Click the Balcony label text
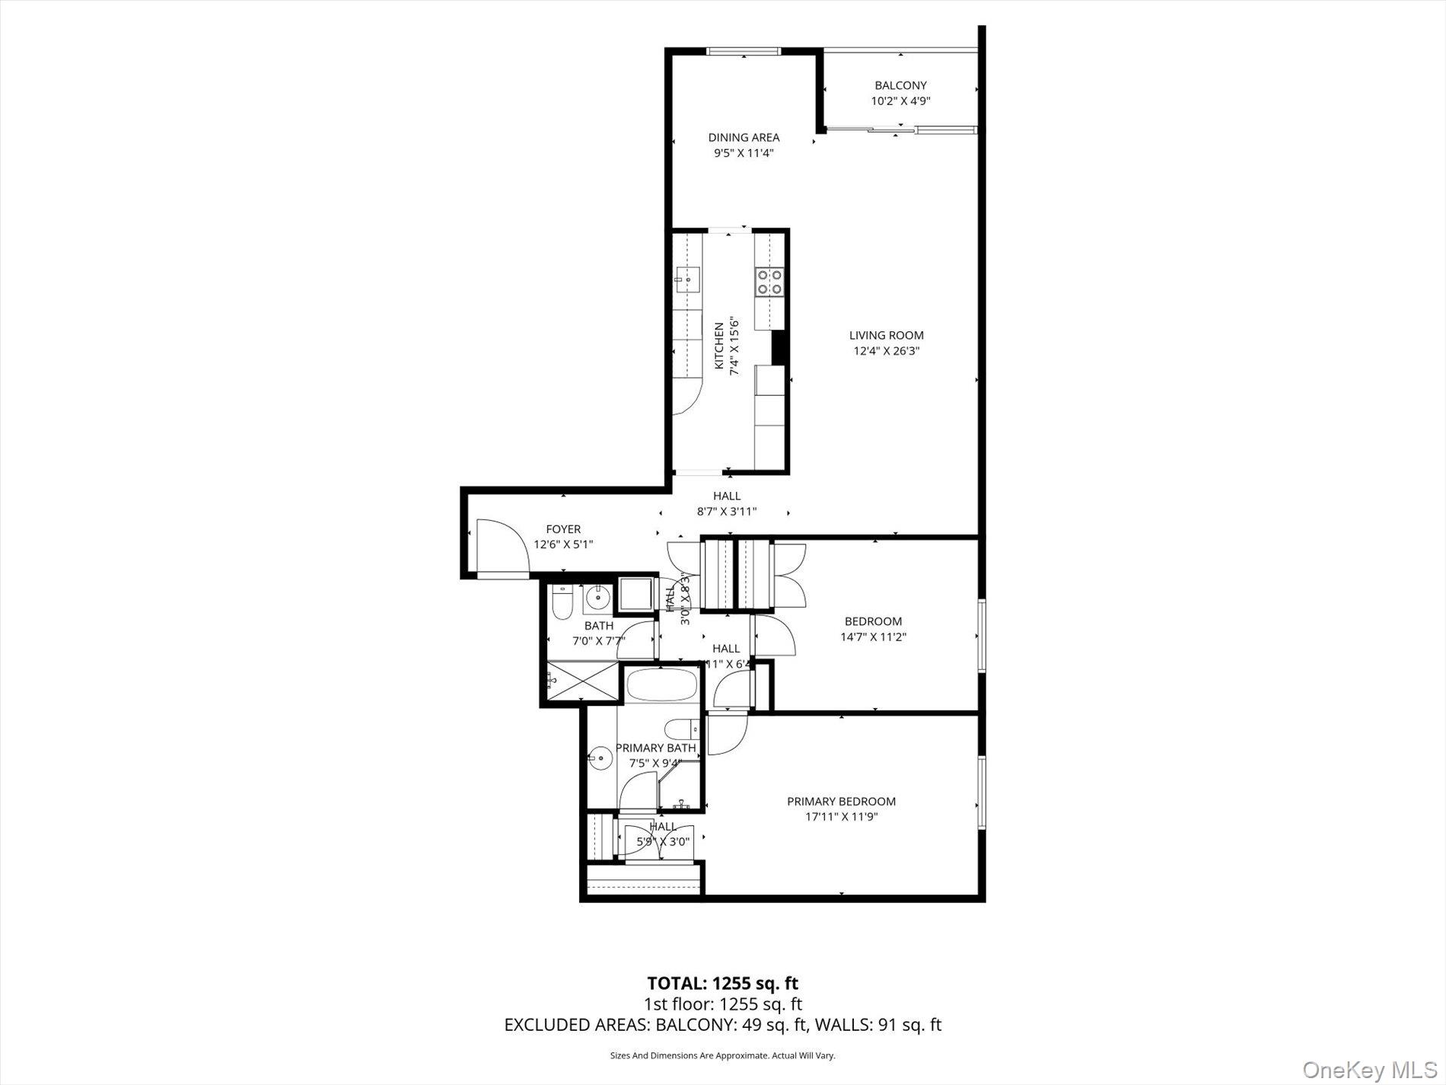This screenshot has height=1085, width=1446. click(900, 85)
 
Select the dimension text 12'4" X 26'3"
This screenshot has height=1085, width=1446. click(887, 351)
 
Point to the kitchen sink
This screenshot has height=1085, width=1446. click(687, 279)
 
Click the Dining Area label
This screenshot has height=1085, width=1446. click(744, 138)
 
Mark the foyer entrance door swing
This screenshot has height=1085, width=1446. click(499, 545)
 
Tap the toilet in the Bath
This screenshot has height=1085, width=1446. click(562, 602)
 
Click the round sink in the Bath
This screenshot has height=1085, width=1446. click(597, 599)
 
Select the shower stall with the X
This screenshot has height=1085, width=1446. click(582, 680)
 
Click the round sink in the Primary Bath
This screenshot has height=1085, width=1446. click(600, 758)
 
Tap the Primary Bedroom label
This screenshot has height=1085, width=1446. click(841, 801)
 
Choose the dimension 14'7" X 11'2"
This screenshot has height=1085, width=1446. click(873, 637)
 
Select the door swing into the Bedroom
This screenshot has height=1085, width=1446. click(774, 637)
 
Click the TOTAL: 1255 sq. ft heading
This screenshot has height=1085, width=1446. click(722, 983)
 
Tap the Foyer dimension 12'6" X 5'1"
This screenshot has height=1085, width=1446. click(563, 544)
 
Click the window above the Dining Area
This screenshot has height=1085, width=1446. click(744, 51)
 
